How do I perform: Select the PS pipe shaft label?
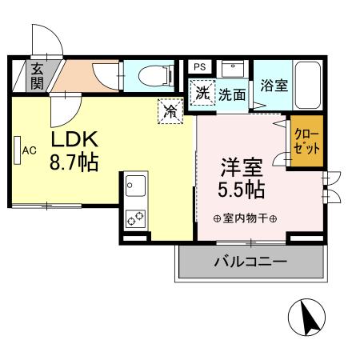tap(200, 66)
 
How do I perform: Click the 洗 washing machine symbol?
tap(203, 93)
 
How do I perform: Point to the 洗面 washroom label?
tap(232, 94)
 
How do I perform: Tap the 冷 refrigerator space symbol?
tap(170, 111)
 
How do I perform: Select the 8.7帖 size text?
tap(74, 163)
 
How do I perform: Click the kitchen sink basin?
tap(133, 189)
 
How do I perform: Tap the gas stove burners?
tap(134, 218)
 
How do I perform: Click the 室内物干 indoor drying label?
tap(245, 218)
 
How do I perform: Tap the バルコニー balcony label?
tap(250, 262)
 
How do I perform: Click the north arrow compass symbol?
tap(309, 318)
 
